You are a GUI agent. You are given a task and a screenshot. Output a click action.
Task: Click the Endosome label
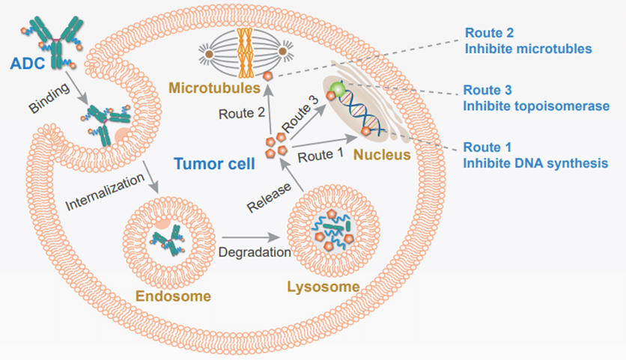point(173,296)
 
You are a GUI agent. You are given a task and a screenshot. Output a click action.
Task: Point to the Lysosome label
point(323,287)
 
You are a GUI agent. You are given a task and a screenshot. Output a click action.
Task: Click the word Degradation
point(255,252)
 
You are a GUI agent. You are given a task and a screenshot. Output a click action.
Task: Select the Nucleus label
point(381,156)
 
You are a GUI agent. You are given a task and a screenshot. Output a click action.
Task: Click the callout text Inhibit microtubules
point(529,49)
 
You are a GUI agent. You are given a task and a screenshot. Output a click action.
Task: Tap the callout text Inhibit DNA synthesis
point(535,162)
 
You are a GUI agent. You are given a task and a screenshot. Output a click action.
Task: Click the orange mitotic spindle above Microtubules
point(245,52)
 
